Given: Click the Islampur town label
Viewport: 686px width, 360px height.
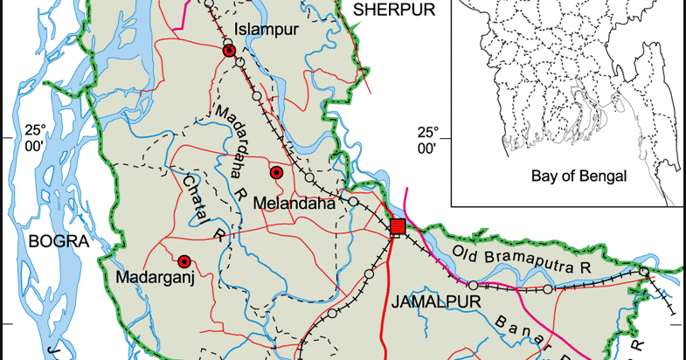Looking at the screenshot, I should click(267, 29).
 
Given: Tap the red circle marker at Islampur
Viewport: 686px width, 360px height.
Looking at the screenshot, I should click(229, 52).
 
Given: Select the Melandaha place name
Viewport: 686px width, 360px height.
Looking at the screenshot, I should click(294, 204).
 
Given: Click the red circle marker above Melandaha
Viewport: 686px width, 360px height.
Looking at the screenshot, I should click(276, 173).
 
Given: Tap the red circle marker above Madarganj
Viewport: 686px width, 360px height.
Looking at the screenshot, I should click(184, 261).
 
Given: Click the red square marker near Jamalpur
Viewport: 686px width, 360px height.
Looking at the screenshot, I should click(398, 227).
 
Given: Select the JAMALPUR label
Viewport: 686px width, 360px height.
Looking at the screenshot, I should click(426, 302).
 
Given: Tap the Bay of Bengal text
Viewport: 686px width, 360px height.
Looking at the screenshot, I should click(579, 176).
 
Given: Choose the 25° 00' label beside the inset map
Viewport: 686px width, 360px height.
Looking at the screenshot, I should click(427, 141).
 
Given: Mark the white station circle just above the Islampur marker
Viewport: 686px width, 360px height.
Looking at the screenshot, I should click(227, 43).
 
